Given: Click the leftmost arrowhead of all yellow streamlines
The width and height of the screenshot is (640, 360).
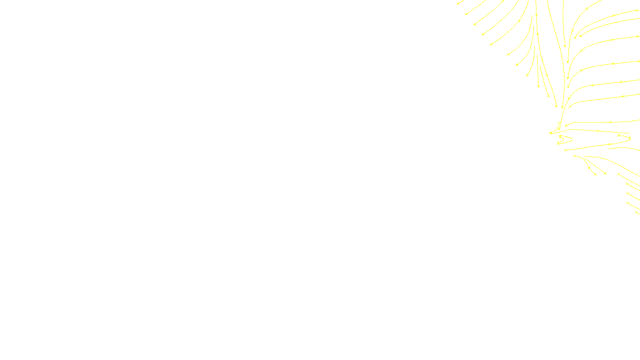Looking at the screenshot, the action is pyautogui.click(x=458, y=4).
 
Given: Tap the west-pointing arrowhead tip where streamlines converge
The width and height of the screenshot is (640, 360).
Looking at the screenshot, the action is pyautogui.click(x=550, y=133).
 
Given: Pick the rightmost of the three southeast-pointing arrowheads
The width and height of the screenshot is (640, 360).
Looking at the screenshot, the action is pyautogui.click(x=605, y=174).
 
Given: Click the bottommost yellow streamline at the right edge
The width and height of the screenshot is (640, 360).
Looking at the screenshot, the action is pyautogui.click(x=637, y=212).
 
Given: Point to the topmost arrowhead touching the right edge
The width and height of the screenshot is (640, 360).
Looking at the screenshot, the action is pyautogui.click(x=637, y=11).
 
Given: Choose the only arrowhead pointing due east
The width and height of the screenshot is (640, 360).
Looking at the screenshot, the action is pyautogui.click(x=575, y=156).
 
